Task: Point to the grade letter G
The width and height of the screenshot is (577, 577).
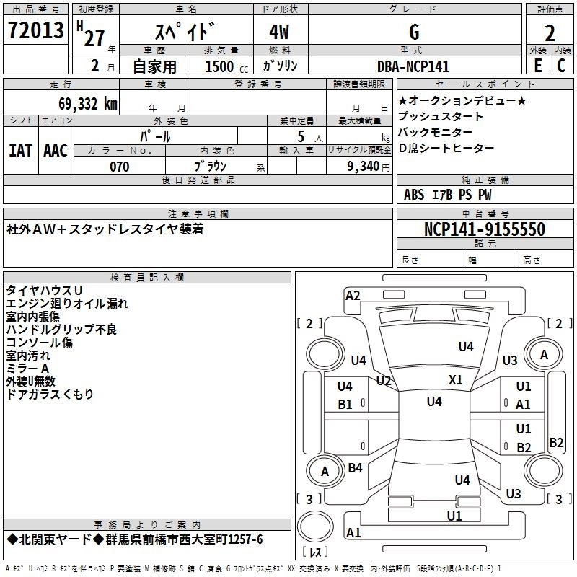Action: [x=413, y=32]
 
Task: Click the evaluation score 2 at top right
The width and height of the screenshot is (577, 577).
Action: [x=550, y=33]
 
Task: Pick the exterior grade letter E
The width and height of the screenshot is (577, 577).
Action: [x=537, y=66]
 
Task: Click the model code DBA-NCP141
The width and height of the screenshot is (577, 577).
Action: [x=413, y=66]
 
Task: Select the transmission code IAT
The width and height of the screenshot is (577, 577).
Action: [x=20, y=150]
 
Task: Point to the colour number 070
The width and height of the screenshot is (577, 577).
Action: [x=120, y=167]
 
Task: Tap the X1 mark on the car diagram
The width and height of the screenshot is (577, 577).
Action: [x=456, y=379]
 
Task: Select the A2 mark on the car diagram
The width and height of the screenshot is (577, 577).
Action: [x=353, y=295]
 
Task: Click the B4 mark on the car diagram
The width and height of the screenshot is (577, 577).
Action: [x=355, y=468]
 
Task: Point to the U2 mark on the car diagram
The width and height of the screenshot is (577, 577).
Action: [x=384, y=380]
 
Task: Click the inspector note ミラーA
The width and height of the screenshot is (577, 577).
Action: [x=29, y=369]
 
